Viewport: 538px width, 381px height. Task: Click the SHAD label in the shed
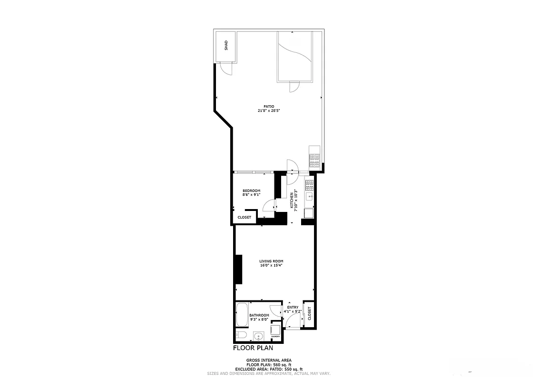(226, 46)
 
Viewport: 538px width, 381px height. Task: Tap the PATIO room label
(269, 107)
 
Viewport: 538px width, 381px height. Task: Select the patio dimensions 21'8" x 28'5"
(269, 111)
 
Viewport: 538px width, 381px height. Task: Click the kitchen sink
(310, 196)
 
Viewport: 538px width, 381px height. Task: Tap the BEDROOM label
(251, 190)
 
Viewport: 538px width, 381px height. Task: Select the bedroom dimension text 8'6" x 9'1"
(251, 195)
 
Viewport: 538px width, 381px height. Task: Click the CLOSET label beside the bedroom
(244, 217)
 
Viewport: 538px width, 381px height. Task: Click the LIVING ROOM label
(271, 261)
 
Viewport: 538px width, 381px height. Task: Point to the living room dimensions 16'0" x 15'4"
(271, 265)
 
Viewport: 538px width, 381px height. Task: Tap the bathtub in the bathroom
(241, 315)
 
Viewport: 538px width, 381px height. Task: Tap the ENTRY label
(293, 307)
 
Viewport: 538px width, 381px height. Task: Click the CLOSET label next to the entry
(309, 313)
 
